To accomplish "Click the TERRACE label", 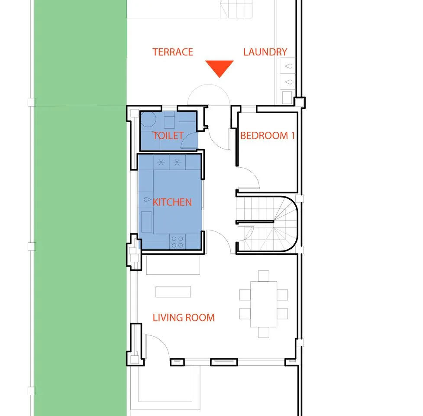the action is click(x=173, y=52).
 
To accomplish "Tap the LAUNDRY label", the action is click(x=265, y=52).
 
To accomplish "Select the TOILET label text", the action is click(x=168, y=136).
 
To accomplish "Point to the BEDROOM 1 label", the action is click(x=267, y=136).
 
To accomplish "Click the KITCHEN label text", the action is click(x=172, y=202).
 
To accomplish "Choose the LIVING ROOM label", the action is click(x=184, y=318).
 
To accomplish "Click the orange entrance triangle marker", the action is click(x=220, y=68).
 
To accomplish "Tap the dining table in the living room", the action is click(x=264, y=304).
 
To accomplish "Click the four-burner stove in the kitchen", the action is click(x=178, y=242).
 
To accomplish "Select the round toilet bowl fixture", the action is click(x=148, y=119).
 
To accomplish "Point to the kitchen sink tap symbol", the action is click(x=147, y=199).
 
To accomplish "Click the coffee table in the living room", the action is click(x=173, y=292).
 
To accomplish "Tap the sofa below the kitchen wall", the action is click(x=173, y=265).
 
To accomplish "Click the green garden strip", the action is click(x=81, y=208).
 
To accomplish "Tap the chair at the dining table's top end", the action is click(x=264, y=276).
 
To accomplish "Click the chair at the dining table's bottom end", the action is click(x=264, y=332).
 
